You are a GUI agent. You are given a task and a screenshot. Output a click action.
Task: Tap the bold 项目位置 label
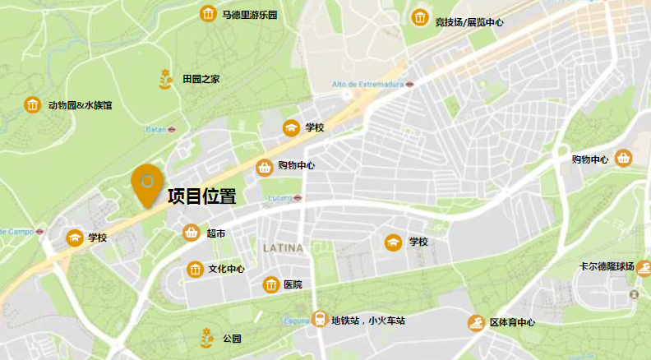click(202, 197)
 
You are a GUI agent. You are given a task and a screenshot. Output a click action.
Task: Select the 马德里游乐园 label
click(250, 15)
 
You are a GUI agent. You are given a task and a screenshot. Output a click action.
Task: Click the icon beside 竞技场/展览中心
click(420, 18)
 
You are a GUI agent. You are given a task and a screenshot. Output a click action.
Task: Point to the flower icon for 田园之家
click(166, 79)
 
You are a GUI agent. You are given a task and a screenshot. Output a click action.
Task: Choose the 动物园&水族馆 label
click(80, 105)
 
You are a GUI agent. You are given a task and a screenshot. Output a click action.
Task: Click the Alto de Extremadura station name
click(367, 84)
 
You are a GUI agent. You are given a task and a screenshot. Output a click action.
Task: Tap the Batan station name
click(156, 129)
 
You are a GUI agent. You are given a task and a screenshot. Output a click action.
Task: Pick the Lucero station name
click(281, 198)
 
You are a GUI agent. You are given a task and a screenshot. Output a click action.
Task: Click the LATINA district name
click(283, 247)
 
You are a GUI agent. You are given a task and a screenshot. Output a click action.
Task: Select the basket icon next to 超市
click(191, 233)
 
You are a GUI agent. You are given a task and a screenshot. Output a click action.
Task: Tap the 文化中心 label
click(226, 269)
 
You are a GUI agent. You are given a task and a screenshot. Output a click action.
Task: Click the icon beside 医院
click(270, 285)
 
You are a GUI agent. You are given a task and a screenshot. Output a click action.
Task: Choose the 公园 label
click(232, 338)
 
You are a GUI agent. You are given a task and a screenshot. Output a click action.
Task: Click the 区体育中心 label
click(512, 323)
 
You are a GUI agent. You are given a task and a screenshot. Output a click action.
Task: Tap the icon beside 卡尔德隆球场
click(643, 267)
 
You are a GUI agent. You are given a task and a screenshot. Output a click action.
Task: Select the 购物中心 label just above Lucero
click(296, 166)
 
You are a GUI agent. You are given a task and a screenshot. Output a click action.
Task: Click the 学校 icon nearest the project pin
click(75, 238)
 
